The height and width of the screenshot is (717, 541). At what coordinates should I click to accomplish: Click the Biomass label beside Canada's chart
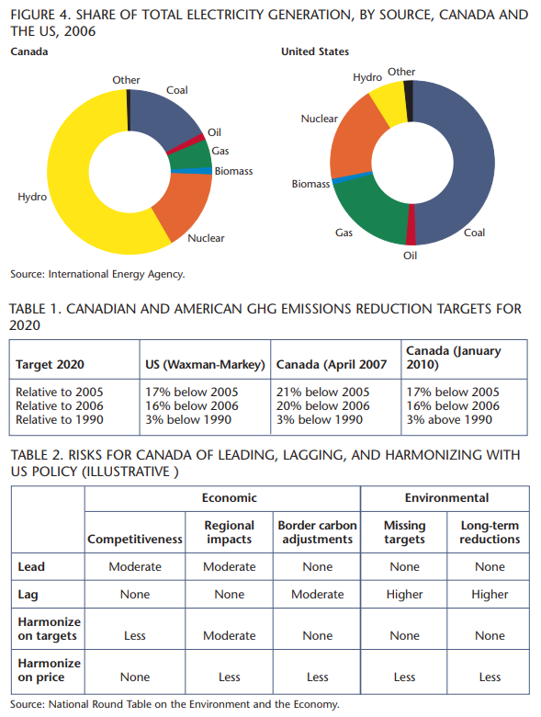233,171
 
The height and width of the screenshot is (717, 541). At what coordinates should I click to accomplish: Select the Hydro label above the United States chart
366,77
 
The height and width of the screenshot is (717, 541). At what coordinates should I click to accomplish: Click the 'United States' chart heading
315,51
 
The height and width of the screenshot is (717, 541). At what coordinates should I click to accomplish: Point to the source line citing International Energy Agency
97,274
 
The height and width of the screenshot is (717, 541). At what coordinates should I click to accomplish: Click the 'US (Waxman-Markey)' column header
205,364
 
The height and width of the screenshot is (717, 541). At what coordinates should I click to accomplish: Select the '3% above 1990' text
449,419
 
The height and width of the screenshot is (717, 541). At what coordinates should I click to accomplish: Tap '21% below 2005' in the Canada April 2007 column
322,392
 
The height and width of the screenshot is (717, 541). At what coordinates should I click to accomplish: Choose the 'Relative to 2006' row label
60,405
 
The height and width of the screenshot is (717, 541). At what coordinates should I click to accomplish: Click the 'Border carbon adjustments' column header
317,532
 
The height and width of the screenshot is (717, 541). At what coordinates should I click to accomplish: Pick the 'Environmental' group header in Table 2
446,497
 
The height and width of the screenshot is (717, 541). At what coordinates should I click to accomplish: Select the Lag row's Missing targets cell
404,595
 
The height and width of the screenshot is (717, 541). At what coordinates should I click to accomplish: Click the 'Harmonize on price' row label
49,670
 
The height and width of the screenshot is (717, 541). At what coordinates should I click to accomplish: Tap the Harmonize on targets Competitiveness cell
135,635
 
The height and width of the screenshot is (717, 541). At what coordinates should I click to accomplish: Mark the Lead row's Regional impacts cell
230,566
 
